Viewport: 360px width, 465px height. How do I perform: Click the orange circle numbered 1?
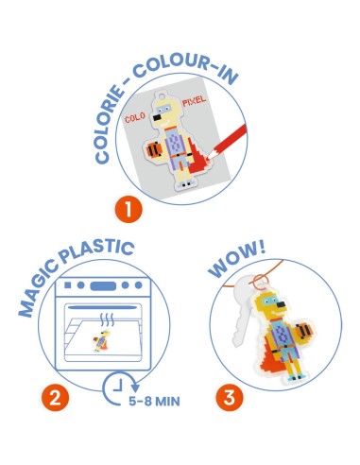point(129,209)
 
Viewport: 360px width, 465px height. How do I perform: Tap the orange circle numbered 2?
point(55,398)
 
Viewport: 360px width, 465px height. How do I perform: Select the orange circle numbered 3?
point(230,397)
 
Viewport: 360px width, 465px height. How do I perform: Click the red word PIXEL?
point(194,101)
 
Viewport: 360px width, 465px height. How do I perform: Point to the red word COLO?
point(135,117)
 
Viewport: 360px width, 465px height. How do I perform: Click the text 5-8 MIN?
point(154,402)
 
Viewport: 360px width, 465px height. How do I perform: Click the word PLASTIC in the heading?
point(97,251)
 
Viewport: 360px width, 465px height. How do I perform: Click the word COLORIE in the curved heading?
point(109,125)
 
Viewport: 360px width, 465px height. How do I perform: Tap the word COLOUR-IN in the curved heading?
point(186,69)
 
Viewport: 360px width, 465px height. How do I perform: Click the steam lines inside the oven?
point(107,319)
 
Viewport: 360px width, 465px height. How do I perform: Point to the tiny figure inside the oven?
point(102,340)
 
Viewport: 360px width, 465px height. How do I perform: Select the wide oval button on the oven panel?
point(103,285)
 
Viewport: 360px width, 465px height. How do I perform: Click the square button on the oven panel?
point(67,285)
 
